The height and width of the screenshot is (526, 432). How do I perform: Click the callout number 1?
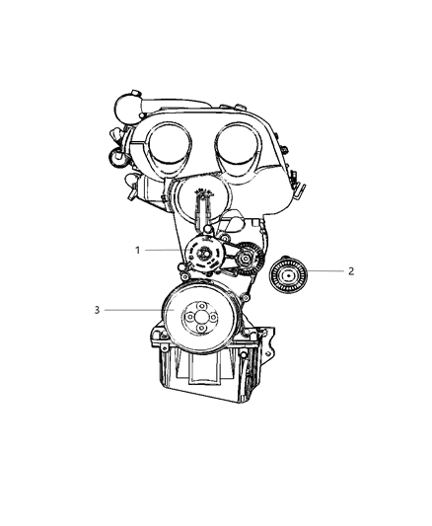(138, 250)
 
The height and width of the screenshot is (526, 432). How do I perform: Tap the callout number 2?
(350, 269)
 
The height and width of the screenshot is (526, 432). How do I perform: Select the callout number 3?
(97, 310)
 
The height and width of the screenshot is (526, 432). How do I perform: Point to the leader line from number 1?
(163, 250)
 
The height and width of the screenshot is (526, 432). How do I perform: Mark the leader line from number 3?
(133, 310)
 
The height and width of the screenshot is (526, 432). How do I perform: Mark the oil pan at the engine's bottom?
(207, 380)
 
